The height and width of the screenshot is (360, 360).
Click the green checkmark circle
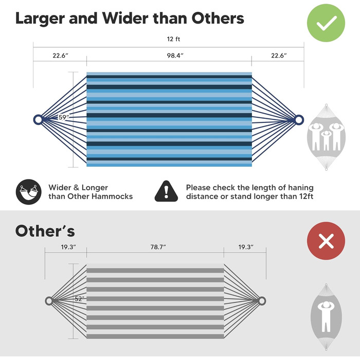point(326,23)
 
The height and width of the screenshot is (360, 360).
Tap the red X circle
point(326,241)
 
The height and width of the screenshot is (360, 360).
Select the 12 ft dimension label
point(173,39)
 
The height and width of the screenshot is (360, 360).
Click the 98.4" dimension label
point(175,56)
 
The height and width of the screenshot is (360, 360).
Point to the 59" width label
point(64,117)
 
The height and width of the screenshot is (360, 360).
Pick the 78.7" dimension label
point(158,247)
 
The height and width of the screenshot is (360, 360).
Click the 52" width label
point(79,299)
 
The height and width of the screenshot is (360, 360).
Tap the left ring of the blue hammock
point(38,120)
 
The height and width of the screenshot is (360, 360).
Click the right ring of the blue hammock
point(299,120)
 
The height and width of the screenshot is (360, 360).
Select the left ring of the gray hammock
point(49,301)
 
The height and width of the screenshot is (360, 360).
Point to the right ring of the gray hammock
point(262,301)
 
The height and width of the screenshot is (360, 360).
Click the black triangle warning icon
point(166,191)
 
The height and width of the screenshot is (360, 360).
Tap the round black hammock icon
point(29,192)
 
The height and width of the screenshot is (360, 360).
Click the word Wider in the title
point(125,19)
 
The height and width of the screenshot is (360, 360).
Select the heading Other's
point(45,231)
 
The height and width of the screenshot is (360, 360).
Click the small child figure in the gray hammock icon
point(326,140)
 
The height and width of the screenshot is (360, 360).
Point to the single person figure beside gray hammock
point(326,317)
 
